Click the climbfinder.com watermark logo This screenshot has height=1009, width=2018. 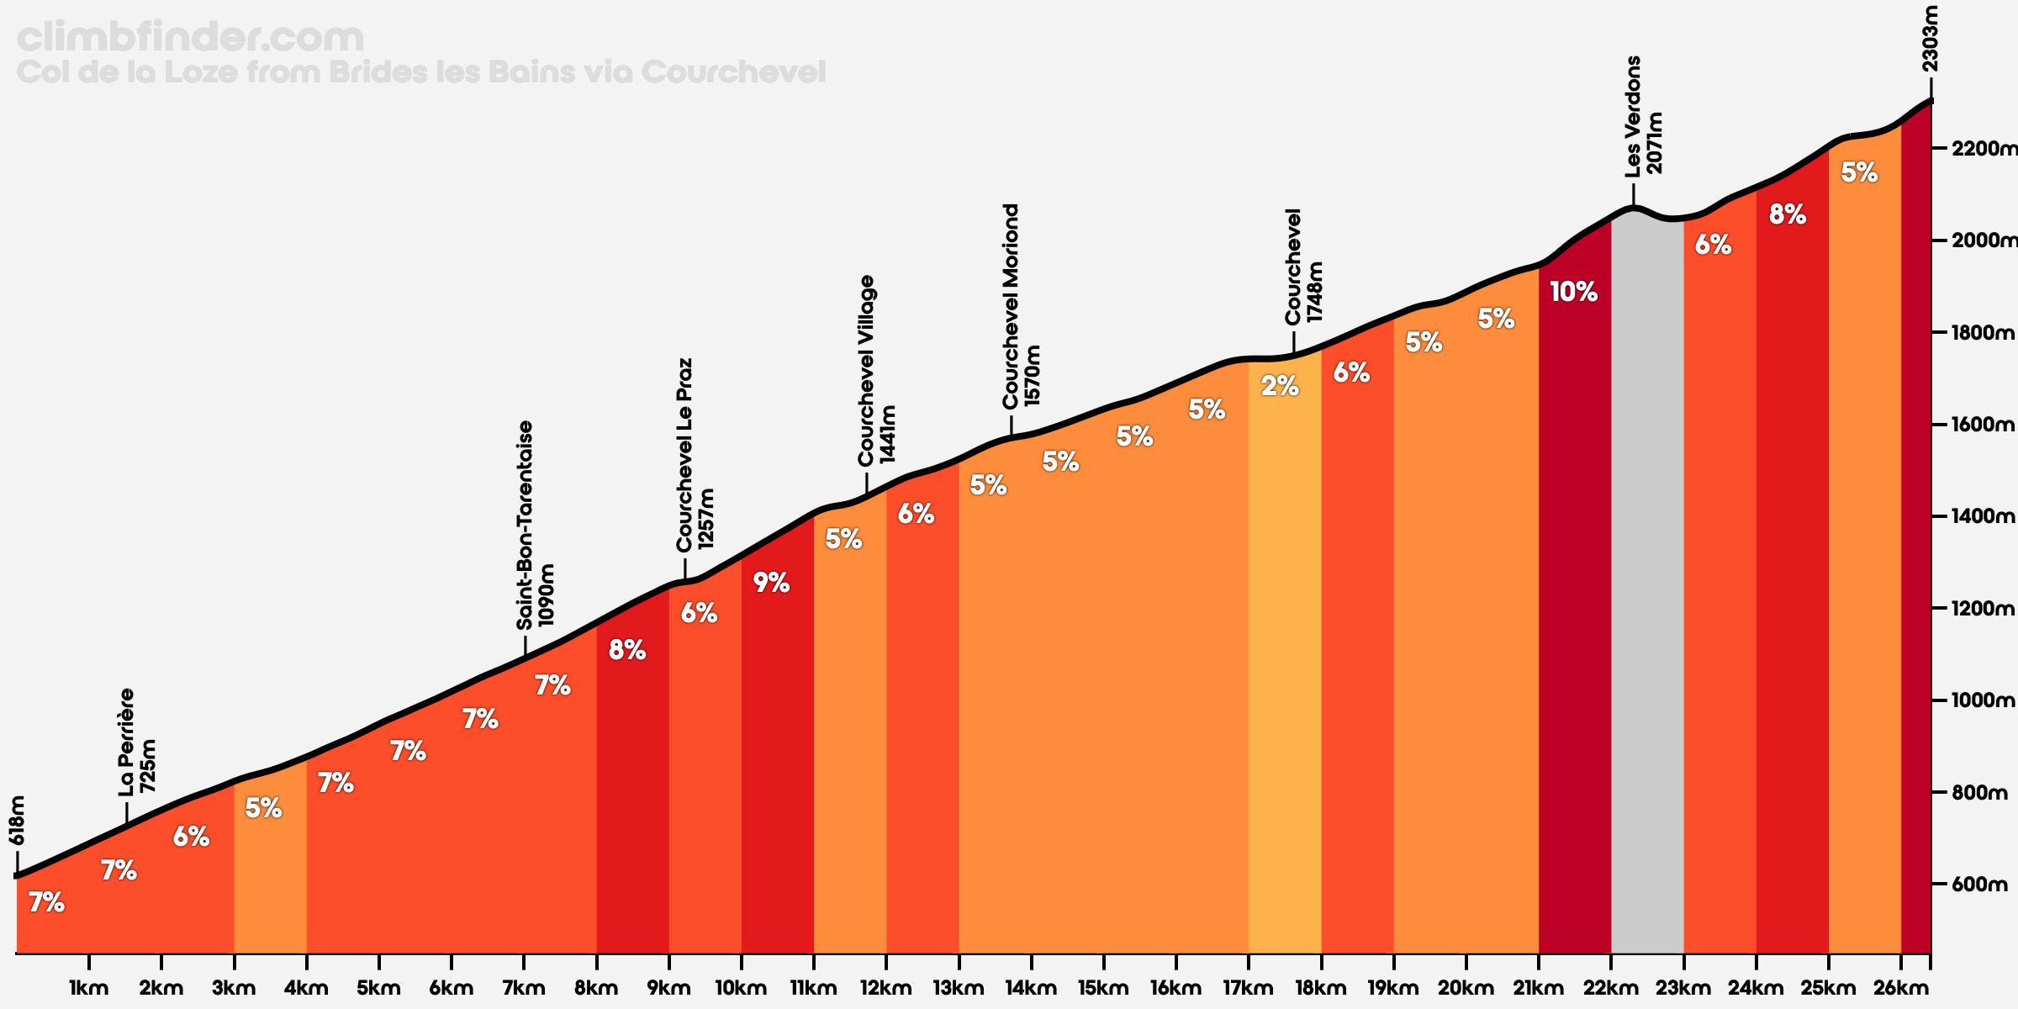coord(191,38)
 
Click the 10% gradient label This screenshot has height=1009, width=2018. coord(1573,292)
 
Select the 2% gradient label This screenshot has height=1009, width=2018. coord(1280,386)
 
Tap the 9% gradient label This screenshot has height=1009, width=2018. coord(771,583)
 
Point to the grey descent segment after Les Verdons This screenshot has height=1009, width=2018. coord(1647,580)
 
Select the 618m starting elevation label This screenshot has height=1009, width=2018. coord(17,821)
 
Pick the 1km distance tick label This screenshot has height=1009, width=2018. coord(89,989)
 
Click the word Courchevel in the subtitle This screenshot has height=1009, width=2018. coord(733,72)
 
